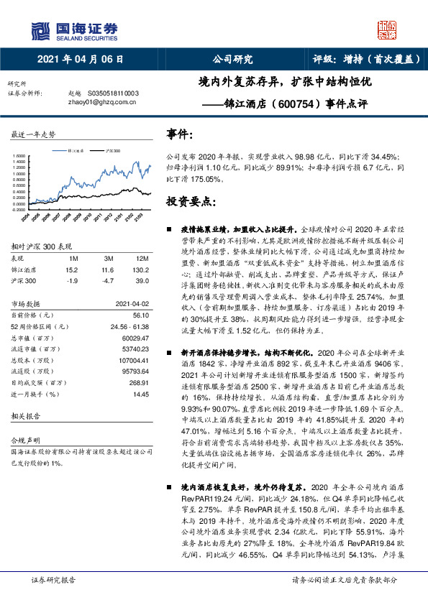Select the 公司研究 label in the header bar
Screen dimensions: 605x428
pyautogui.click(x=233, y=59)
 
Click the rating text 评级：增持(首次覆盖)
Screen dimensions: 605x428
pyautogui.click(x=366, y=59)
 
